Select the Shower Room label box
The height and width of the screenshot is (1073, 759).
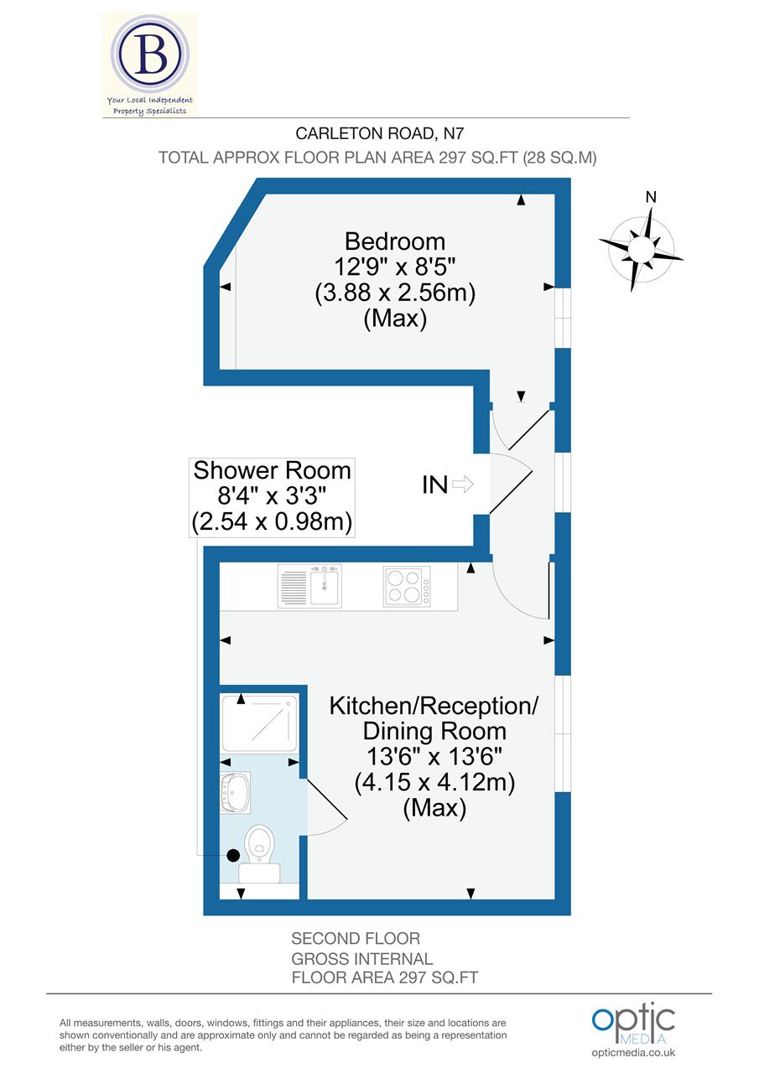pyautogui.click(x=272, y=496)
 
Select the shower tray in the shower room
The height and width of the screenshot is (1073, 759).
pyautogui.click(x=261, y=721)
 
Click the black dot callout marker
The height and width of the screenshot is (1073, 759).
pyautogui.click(x=233, y=855)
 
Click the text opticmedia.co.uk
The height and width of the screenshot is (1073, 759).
pyautogui.click(x=633, y=1053)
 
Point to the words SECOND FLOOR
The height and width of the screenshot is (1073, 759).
pyautogui.click(x=356, y=939)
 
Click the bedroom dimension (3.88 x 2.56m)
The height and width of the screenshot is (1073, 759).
pyautogui.click(x=395, y=293)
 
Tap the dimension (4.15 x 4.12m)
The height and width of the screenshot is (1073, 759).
pyautogui.click(x=434, y=782)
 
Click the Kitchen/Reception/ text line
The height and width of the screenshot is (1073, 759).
pyautogui.click(x=434, y=705)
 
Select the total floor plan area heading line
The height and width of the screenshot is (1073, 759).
pyautogui.click(x=377, y=158)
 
